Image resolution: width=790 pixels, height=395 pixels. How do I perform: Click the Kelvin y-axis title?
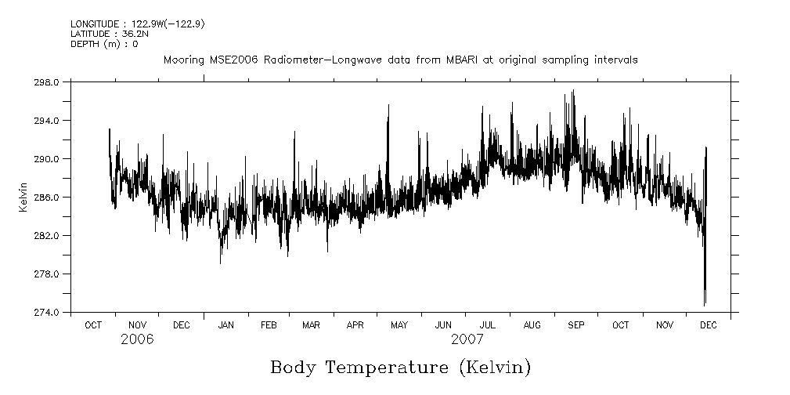23,197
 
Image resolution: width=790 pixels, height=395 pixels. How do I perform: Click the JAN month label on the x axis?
225,324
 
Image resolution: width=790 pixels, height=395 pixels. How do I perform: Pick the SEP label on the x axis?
575,324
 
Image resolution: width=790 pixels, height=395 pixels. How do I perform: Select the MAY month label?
399,324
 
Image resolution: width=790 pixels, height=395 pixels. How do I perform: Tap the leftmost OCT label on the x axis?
93,324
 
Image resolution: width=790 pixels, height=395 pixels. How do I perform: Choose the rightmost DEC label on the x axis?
708,324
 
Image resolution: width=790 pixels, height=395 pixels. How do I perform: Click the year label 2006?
137,339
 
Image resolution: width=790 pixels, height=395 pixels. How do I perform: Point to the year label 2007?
467,339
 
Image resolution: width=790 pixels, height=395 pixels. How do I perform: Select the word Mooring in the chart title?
182,60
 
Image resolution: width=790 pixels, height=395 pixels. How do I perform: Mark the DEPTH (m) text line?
104,44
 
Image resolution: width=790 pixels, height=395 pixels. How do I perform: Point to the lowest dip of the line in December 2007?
705,305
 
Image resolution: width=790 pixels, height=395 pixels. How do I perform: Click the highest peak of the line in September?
574,90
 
